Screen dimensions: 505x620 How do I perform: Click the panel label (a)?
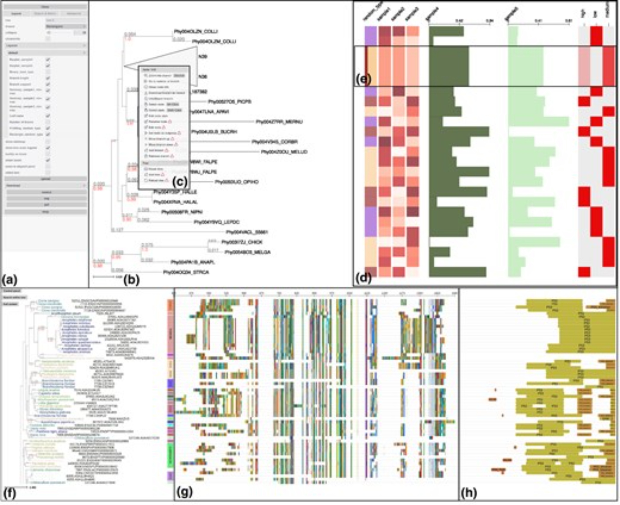[x=9, y=280]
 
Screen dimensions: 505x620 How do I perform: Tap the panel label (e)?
[x=363, y=79]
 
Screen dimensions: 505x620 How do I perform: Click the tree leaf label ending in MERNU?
[x=279, y=122]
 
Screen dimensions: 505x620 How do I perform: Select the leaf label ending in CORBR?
[x=275, y=142]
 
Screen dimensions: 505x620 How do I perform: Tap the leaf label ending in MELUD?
[x=284, y=152]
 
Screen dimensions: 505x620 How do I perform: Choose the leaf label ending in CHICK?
[x=242, y=242]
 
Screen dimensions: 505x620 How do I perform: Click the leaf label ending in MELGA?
[x=247, y=252]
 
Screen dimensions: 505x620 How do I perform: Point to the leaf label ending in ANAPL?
[x=193, y=262]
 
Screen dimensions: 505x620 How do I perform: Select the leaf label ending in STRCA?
[x=186, y=272]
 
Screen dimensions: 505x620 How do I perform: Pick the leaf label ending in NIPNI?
[x=182, y=212]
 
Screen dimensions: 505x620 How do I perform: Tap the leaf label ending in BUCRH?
[x=215, y=132]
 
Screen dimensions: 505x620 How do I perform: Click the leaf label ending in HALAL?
[x=175, y=202]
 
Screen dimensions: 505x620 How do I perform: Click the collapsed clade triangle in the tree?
[x=174, y=64]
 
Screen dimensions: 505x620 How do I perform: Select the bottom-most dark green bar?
[x=457, y=272]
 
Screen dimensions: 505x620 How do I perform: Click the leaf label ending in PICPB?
[x=229, y=102]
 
